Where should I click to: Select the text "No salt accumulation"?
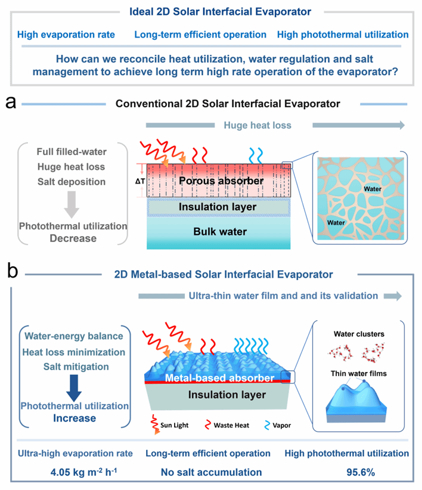point(211,472)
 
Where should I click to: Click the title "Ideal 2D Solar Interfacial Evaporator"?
point(211,11)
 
